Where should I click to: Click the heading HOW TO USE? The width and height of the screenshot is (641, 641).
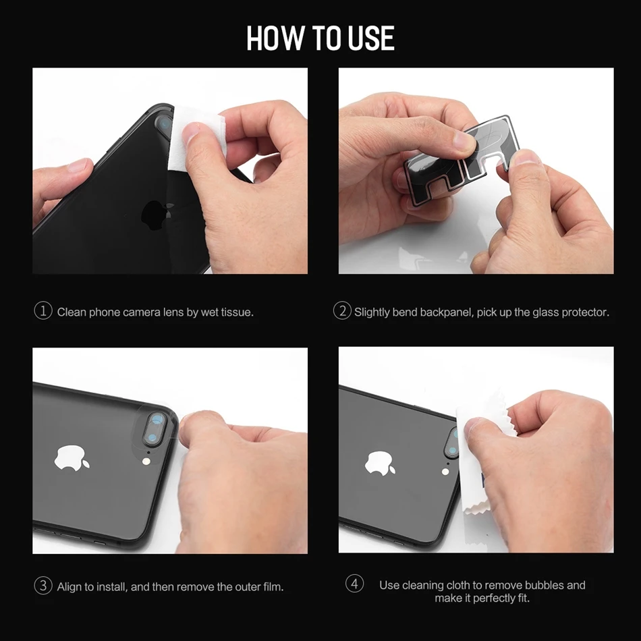[x=320, y=38]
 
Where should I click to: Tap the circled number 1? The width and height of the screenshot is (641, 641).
[x=43, y=311]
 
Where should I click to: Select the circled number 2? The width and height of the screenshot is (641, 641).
[x=342, y=311]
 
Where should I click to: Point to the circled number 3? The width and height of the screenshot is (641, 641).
[x=43, y=586]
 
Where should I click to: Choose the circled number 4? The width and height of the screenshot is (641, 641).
[x=354, y=584]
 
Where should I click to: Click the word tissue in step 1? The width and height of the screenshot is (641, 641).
[x=237, y=312]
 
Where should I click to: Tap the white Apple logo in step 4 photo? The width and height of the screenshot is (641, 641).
[x=380, y=463]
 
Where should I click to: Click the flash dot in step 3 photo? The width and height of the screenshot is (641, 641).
[x=145, y=461]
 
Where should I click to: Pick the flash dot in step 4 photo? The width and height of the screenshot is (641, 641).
[x=445, y=472]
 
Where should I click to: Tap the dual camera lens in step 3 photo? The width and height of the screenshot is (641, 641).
[x=155, y=428]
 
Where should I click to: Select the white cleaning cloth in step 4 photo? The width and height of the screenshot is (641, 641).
[x=480, y=454]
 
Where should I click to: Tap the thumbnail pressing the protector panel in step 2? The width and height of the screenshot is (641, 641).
[x=464, y=140]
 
